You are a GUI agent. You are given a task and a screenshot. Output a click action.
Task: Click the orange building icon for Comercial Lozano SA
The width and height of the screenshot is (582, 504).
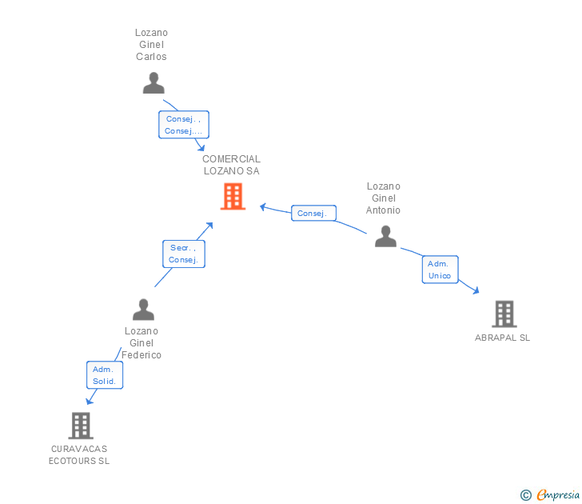[233, 196]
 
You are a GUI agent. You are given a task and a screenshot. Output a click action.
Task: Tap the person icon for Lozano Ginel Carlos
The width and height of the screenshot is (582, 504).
[153, 82]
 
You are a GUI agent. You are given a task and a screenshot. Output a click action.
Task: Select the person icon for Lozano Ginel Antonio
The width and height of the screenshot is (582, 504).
[385, 236]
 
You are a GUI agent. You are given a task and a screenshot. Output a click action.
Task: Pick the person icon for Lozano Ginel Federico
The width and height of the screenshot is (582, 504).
[143, 310]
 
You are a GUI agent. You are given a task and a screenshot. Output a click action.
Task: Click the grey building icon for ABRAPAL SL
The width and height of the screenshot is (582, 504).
[504, 314]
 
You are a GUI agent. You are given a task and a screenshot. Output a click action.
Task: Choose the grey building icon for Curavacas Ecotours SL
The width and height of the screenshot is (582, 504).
[81, 426]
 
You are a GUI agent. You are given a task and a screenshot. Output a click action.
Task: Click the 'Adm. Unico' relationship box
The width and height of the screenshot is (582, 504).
[440, 270]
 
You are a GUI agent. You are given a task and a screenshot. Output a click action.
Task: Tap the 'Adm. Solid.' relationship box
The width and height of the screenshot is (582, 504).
[105, 375]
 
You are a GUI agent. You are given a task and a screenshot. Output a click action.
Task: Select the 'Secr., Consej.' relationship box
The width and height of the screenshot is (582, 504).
[184, 254]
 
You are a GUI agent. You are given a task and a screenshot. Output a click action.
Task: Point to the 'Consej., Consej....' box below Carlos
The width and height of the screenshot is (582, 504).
[183, 125]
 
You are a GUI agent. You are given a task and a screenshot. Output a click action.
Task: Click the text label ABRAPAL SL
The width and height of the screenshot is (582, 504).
[502, 338]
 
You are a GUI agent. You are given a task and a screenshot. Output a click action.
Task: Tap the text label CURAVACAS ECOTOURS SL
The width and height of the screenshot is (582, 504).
[79, 454]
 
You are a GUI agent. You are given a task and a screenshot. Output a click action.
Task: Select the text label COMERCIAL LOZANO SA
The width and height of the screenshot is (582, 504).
[231, 165]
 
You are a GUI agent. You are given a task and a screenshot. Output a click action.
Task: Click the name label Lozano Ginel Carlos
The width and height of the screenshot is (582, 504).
[151, 45]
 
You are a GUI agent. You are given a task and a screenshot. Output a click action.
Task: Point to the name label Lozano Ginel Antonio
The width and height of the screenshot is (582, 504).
[383, 198]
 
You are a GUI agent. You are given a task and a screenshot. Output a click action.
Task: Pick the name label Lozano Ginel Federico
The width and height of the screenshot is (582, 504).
[142, 342]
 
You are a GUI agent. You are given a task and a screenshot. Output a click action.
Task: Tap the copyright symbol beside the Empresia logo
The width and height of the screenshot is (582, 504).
[526, 495]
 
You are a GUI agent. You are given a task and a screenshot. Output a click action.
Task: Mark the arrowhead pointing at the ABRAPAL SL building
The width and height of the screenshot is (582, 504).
[476, 291]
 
